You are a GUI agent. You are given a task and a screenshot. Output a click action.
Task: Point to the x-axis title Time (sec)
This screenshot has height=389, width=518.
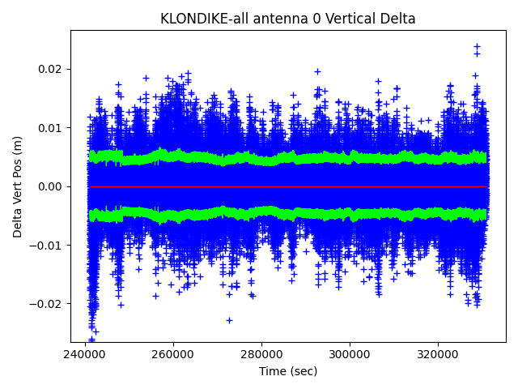click(288, 371)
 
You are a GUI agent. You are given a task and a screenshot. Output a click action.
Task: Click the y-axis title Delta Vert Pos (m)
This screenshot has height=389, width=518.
click(18, 186)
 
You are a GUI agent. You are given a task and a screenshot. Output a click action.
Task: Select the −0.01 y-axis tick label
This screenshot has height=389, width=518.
click(49, 246)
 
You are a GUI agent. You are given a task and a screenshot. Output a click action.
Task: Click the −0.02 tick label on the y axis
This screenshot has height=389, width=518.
click(49, 304)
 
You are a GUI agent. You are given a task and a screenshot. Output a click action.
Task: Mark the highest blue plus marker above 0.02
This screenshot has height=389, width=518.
click(477, 47)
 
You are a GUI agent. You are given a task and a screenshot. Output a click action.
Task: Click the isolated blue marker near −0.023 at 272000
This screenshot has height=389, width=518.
click(229, 320)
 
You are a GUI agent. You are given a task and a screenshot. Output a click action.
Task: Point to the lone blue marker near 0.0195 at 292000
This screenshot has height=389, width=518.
click(317, 71)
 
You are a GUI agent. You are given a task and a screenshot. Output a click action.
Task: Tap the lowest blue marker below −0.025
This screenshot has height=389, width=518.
click(91, 340)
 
